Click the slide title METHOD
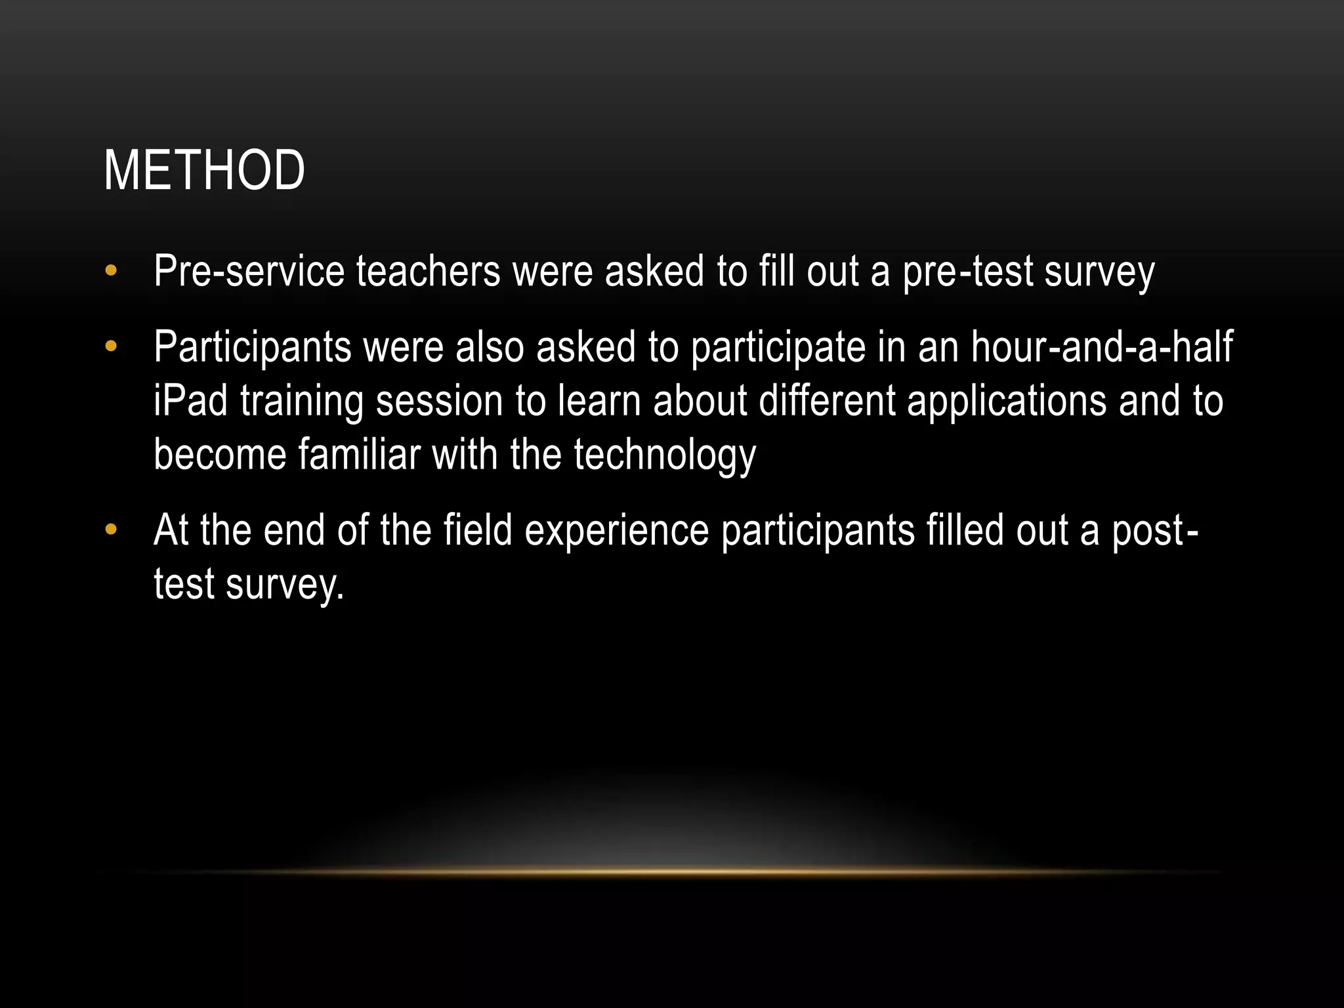coord(204,171)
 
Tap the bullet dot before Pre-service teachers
coord(111,270)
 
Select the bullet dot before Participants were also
coord(111,346)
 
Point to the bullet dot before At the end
coord(111,529)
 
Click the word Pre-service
coord(249,271)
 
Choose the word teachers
coord(429,271)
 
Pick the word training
coord(302,402)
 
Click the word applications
coord(1007,402)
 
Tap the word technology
coord(665,455)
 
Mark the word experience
coord(617,531)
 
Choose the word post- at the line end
coord(1154,531)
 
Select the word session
coord(439,401)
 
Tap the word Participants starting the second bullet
coord(253,347)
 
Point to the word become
coord(220,454)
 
